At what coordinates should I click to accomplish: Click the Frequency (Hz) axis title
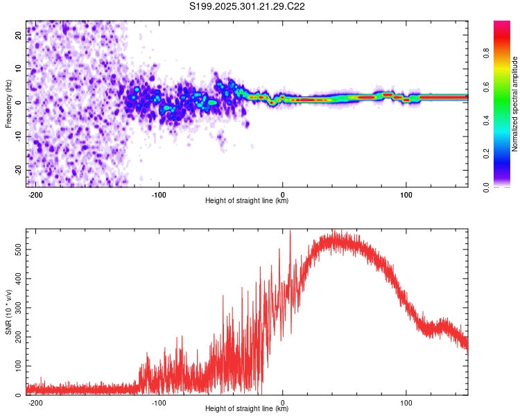tap(8, 103)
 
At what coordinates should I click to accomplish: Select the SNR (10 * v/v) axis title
tap(8, 311)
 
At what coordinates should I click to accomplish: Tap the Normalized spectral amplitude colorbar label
tap(515, 104)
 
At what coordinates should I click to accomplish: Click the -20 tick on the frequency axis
tap(17, 170)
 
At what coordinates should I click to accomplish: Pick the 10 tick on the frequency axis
tap(19, 69)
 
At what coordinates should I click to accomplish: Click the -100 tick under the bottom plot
tap(159, 401)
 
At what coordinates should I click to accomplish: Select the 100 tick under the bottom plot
tap(406, 401)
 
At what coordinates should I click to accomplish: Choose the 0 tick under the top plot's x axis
tap(282, 193)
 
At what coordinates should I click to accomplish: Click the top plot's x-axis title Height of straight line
tap(247, 201)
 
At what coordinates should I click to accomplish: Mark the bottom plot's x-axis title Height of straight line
tap(247, 409)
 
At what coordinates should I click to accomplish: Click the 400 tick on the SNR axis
tap(15, 275)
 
